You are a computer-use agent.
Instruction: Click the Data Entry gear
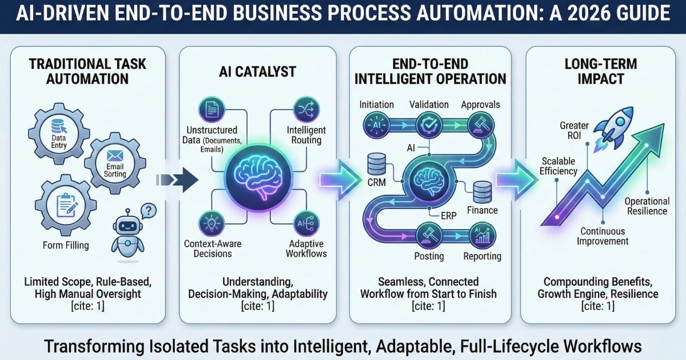[59, 135]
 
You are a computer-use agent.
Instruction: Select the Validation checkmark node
[427, 124]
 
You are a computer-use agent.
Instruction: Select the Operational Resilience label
[647, 206]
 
